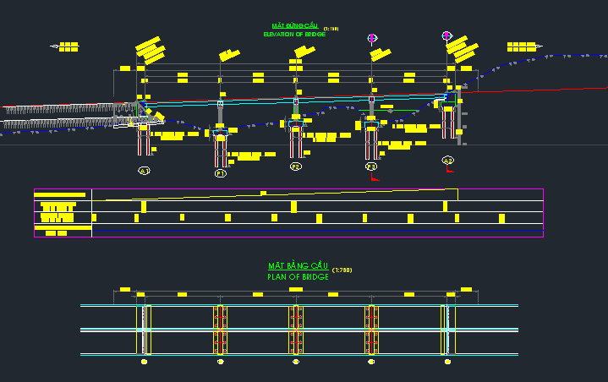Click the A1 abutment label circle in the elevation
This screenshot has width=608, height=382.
click(144, 171)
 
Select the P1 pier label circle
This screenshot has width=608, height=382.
click(221, 172)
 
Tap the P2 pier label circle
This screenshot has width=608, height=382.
click(296, 167)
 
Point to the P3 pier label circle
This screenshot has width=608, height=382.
click(371, 167)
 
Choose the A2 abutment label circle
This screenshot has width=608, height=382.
click(447, 160)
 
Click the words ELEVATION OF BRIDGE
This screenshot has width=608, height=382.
click(294, 35)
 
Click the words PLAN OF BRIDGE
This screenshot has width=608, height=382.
click(297, 276)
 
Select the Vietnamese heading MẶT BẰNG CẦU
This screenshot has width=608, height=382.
click(299, 266)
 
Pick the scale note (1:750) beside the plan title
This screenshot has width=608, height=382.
click(342, 270)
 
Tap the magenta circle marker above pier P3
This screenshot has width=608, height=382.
click(372, 37)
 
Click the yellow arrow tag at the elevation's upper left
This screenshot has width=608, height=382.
click(65, 46)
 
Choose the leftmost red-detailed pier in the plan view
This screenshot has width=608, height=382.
click(220, 329)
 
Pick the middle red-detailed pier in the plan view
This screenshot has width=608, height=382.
click(296, 329)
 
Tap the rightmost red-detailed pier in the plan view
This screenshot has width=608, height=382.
click(371, 329)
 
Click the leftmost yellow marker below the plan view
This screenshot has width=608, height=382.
click(144, 362)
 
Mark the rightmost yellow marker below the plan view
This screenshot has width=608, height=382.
click(447, 362)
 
